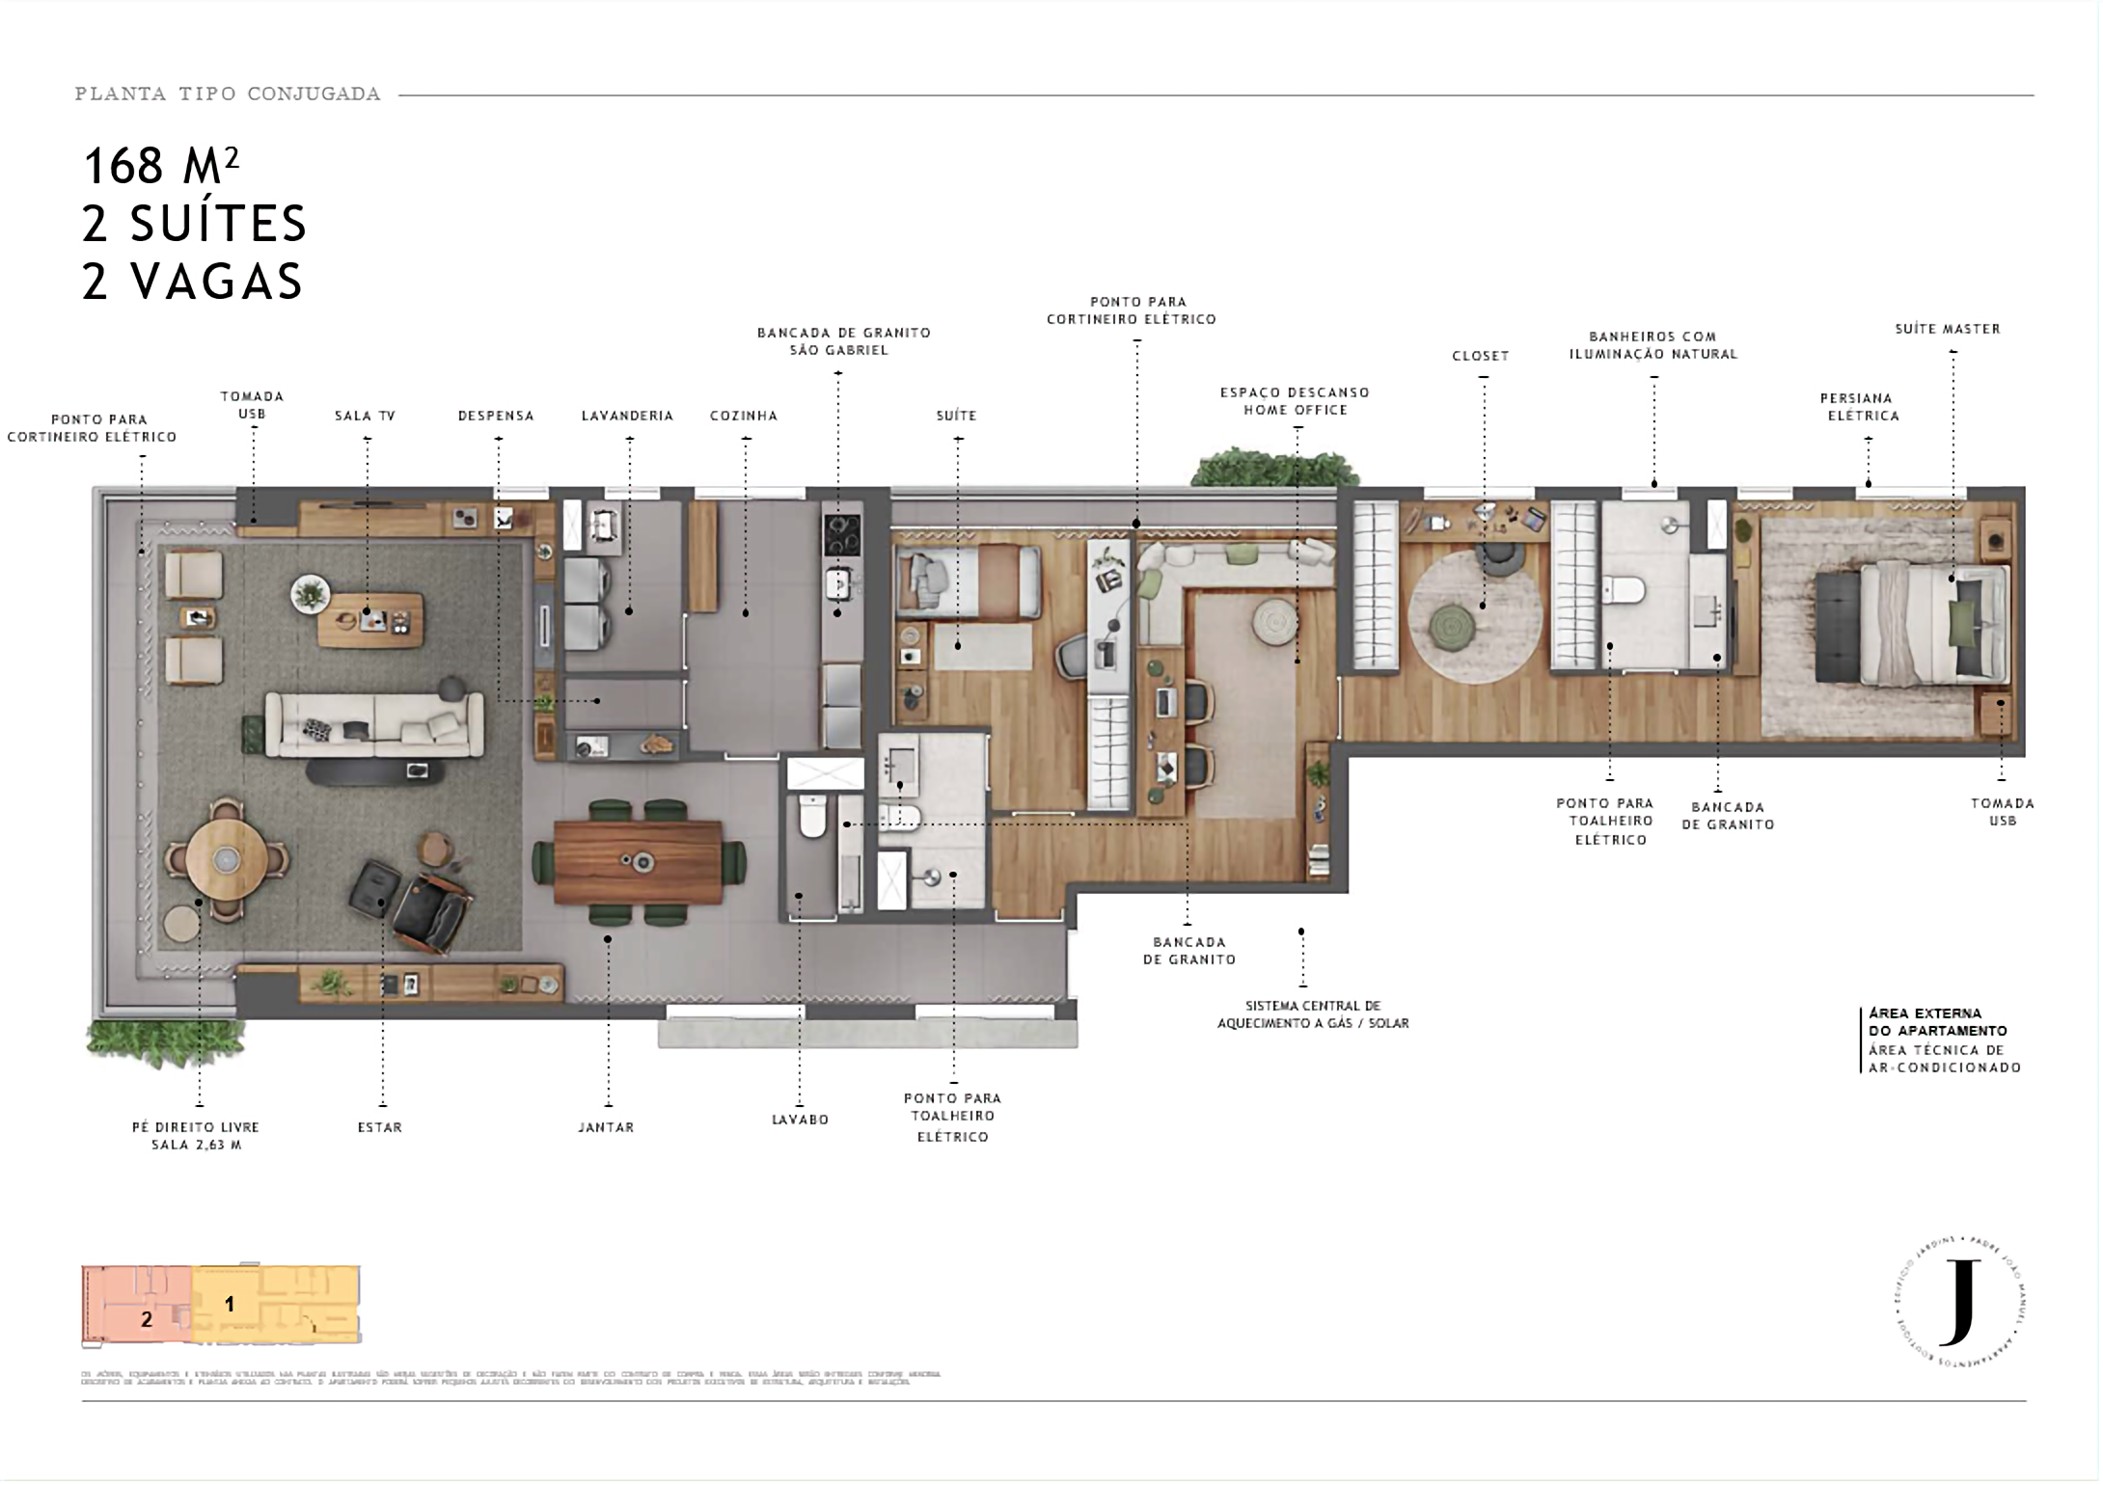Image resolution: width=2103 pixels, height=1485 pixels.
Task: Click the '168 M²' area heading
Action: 161,166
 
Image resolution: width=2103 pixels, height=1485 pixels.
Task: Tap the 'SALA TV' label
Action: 366,416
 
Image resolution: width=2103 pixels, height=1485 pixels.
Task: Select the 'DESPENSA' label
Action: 496,416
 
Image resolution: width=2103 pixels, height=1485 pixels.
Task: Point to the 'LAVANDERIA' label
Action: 627,416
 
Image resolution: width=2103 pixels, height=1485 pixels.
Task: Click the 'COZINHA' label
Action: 744,416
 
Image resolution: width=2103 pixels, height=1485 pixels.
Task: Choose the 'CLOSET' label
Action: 1481,356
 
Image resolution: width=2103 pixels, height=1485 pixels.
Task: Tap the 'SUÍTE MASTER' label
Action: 1948,329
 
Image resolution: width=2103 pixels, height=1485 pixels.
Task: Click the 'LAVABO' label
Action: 800,1120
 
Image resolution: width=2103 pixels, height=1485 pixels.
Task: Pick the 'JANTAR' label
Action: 606,1126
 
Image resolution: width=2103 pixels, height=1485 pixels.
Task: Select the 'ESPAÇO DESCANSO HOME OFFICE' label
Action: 1295,401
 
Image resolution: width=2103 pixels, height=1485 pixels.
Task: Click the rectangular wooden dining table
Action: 638,861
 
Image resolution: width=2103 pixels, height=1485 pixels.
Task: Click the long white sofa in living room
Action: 374,725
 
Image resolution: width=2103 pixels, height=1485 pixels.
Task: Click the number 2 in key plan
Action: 147,1319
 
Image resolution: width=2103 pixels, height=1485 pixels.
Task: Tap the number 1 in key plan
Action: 230,1304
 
